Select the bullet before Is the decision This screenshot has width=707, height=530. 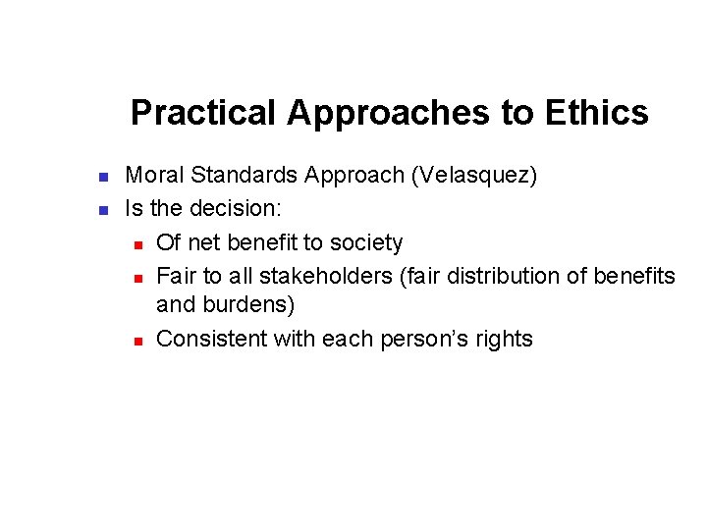tap(102, 210)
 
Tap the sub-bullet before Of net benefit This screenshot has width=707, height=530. tap(139, 243)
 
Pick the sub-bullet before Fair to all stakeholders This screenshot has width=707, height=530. tap(139, 277)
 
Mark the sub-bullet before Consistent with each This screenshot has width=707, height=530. tap(139, 341)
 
